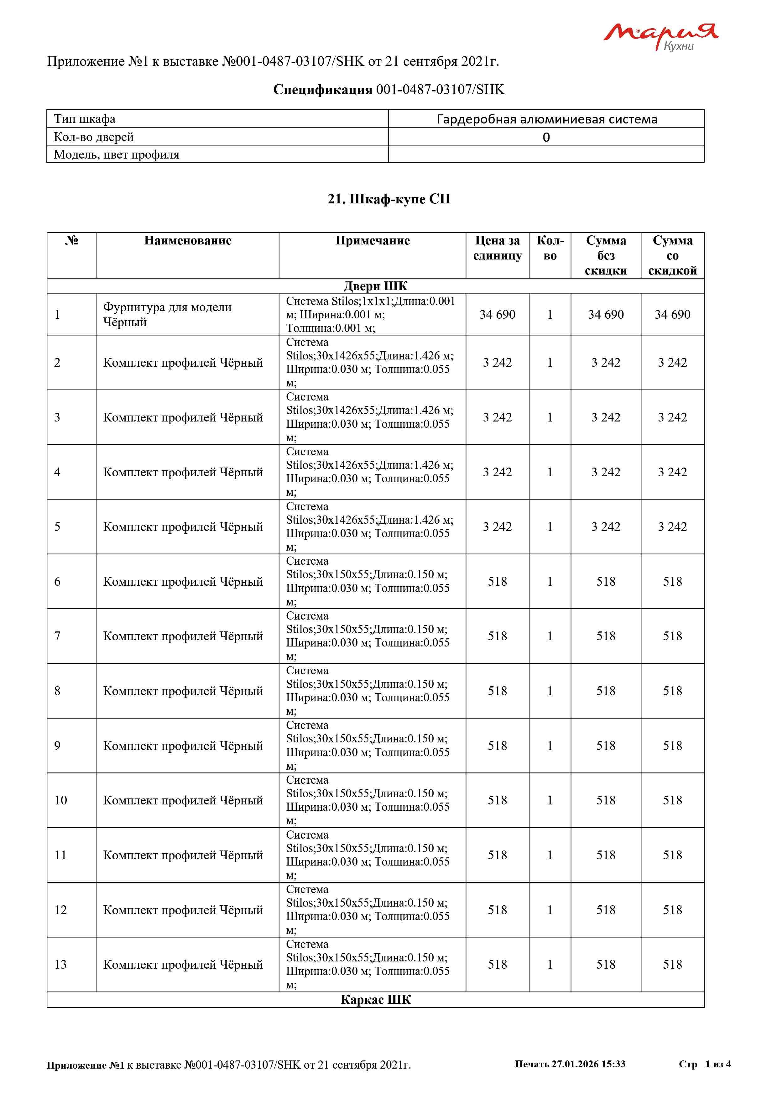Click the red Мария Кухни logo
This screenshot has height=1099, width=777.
tap(660, 36)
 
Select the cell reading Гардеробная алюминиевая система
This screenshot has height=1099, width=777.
tap(546, 119)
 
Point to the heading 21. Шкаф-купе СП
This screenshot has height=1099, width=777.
tap(388, 199)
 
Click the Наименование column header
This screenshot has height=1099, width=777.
tap(188, 241)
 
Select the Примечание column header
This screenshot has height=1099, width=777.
tap(372, 241)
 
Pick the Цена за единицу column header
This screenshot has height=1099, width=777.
tap(497, 248)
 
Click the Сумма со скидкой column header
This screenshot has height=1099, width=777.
tap(672, 255)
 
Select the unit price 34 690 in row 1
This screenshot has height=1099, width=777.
tap(497, 315)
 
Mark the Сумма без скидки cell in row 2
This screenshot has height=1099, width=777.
tap(605, 362)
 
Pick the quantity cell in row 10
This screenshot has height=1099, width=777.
tap(550, 800)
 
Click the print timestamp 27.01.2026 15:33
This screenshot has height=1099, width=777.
tap(588, 1064)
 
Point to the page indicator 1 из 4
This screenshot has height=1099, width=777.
tap(718, 1064)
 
